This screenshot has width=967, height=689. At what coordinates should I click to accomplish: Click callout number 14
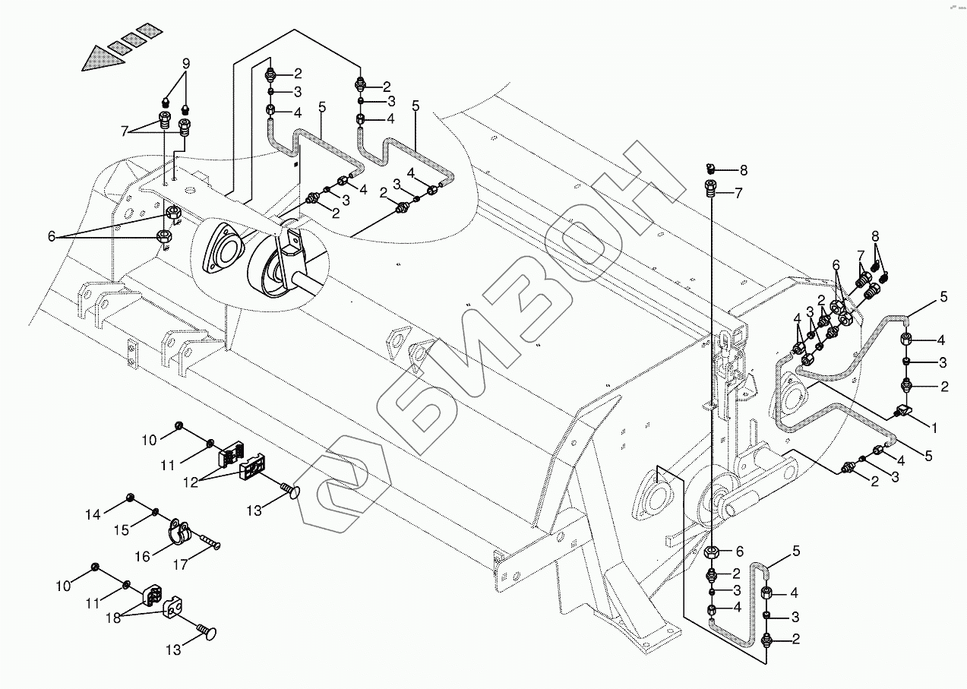pos(93,515)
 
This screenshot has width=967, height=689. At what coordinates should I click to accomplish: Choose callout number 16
pos(142,556)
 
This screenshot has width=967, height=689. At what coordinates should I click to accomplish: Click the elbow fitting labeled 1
pos(902,412)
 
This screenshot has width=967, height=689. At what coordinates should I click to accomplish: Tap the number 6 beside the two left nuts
pos(52,237)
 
